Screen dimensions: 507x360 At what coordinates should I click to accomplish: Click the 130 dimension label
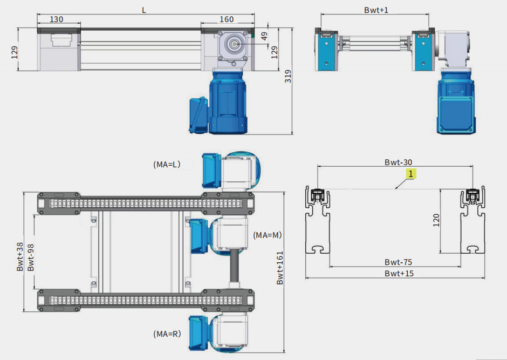coord(56,19)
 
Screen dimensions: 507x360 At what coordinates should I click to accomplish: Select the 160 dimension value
coord(227,19)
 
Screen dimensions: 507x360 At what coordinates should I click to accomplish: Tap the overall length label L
coord(144,10)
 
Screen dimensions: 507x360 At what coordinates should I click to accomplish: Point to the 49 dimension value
coord(264,36)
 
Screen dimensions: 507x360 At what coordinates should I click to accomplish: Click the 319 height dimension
coord(288,76)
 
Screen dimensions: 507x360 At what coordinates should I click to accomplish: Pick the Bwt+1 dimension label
coord(376,10)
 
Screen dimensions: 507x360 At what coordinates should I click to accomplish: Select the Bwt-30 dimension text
coord(399,162)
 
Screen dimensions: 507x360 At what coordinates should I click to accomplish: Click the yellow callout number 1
coord(410,174)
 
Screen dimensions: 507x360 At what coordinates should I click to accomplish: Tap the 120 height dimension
coord(436,220)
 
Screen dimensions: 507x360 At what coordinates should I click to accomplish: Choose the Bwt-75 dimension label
coord(399,262)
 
